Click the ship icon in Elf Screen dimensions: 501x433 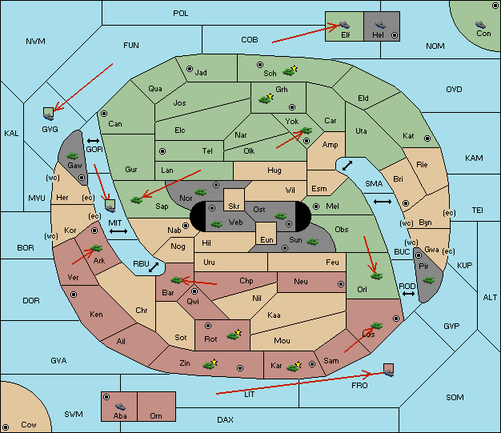344,25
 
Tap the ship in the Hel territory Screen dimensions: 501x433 380,25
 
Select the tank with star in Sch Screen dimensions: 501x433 290,71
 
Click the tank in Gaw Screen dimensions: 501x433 73,155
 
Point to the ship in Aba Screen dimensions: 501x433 121,406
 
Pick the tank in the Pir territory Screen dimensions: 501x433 428,280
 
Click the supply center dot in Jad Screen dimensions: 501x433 190,69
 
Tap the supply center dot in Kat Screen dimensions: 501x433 427,138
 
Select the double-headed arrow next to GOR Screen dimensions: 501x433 94,141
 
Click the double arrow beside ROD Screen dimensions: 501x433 408,294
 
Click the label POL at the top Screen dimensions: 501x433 181,14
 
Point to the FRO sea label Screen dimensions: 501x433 359,386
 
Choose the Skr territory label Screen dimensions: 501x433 234,206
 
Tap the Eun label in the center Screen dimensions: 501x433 267,239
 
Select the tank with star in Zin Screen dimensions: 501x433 210,364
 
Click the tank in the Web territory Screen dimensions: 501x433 216,224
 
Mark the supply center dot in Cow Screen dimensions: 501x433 6,427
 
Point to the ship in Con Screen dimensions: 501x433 480,25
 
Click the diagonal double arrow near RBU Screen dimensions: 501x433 154,267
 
